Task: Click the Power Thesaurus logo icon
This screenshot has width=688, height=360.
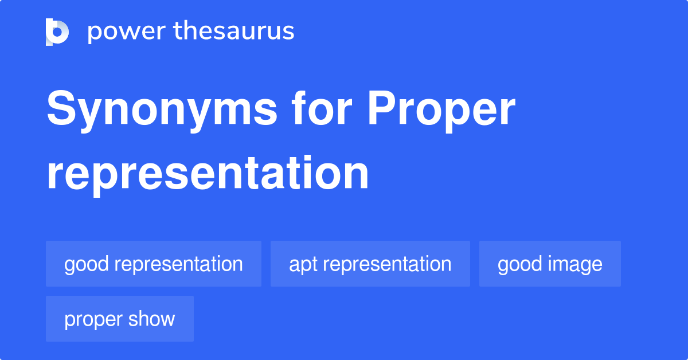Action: coord(57,32)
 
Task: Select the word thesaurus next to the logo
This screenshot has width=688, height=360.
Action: coord(234,32)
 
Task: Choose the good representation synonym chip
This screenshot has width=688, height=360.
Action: coord(154,264)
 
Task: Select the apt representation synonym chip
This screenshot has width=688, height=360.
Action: coord(370,264)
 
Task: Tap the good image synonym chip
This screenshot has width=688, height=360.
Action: coord(550,264)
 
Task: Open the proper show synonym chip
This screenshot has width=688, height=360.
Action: coord(120,319)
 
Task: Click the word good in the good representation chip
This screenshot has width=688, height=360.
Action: coord(87,264)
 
